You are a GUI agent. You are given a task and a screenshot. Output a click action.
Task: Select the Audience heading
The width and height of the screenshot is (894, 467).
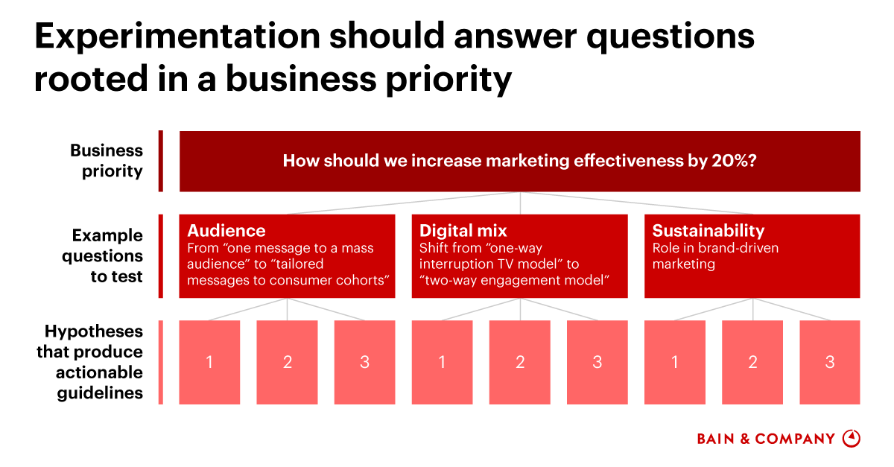pos(226,230)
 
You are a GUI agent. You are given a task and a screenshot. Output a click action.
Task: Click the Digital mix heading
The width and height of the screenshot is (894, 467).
pos(463,230)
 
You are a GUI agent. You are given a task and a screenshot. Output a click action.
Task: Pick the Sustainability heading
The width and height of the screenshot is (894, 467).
pos(708,230)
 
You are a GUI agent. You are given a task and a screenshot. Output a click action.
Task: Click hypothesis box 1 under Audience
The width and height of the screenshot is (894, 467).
pos(209,363)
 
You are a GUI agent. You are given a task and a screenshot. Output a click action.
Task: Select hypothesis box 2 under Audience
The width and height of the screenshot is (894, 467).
pos(287,363)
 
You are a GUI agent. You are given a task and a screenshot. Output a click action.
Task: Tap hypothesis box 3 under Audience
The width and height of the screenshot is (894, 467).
pos(364,363)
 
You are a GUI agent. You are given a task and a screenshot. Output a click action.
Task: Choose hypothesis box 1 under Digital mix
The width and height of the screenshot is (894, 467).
pos(442,363)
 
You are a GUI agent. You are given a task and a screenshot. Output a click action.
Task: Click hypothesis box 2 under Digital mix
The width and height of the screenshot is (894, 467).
pos(520,363)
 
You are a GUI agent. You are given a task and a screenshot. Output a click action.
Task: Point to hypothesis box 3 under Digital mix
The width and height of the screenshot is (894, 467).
pos(597,363)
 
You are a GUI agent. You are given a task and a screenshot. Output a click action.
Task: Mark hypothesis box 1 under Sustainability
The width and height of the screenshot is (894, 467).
pos(675,363)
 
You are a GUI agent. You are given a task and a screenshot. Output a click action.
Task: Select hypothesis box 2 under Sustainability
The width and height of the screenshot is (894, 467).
pos(752,363)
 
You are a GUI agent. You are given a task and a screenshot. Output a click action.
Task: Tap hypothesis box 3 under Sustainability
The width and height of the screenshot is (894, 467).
pos(829,363)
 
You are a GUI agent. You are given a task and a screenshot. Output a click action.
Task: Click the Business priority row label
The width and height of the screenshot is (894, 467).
pos(107,161)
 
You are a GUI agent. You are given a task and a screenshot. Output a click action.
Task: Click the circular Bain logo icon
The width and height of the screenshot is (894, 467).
pos(851,438)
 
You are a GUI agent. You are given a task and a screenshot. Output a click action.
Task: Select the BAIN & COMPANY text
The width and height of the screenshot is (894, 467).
pos(766,439)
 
